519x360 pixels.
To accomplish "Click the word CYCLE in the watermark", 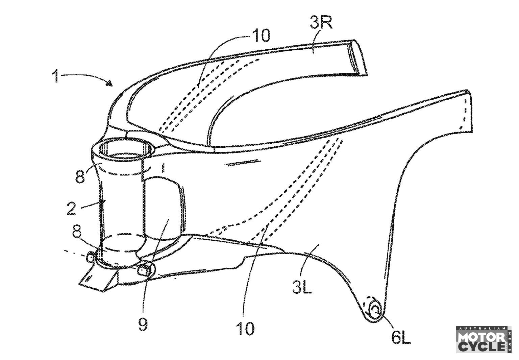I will coord(482,347).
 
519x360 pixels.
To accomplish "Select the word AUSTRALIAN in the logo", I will coord(481,328).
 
